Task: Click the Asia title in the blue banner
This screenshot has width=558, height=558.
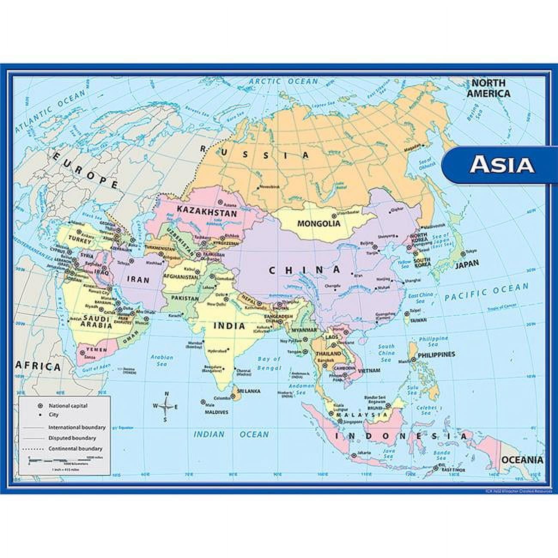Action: click(x=502, y=164)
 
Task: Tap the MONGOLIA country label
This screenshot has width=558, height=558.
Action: click(x=318, y=224)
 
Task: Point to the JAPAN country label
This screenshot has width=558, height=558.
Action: click(x=467, y=264)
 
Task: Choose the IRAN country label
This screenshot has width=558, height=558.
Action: click(x=138, y=280)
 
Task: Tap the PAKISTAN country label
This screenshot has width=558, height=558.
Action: click(x=185, y=298)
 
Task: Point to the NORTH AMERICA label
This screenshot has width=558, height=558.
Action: click(x=488, y=88)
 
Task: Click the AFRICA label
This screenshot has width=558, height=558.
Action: click(x=38, y=367)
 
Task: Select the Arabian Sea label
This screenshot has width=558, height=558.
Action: click(x=161, y=360)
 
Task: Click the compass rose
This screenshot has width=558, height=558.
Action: click(x=165, y=406)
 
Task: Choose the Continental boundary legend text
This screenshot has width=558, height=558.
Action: click(x=75, y=449)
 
